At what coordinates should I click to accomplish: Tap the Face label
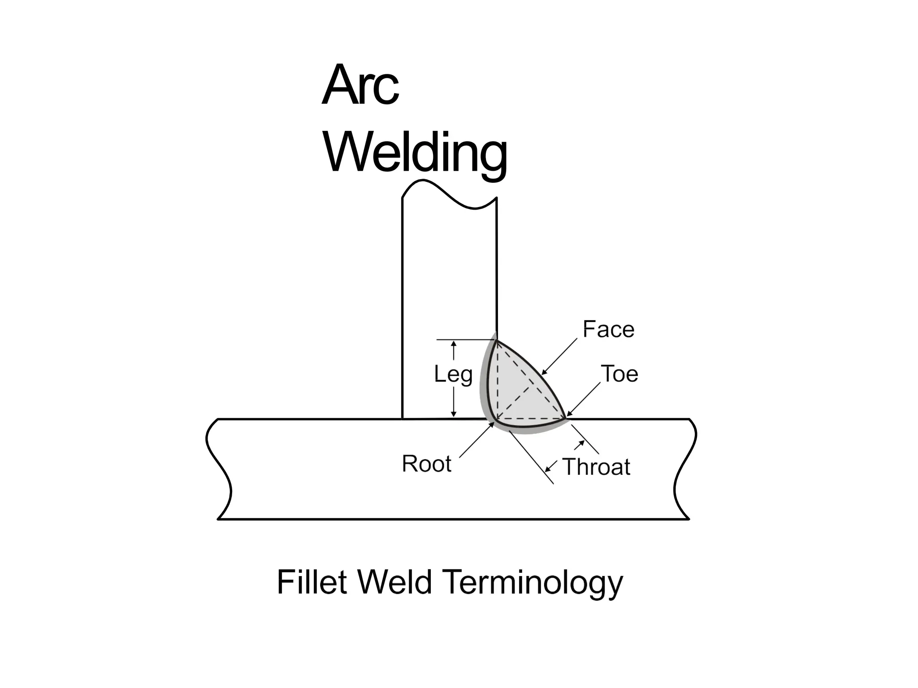click(608, 330)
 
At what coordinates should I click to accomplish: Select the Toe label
click(619, 374)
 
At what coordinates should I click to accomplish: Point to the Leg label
click(453, 374)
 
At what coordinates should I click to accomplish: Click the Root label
click(426, 464)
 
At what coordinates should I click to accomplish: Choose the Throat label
click(596, 467)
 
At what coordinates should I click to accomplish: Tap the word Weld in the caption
click(395, 582)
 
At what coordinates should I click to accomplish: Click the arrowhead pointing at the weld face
click(544, 372)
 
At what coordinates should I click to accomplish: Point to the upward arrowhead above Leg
click(454, 344)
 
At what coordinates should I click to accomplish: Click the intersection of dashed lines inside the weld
click(531, 386)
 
